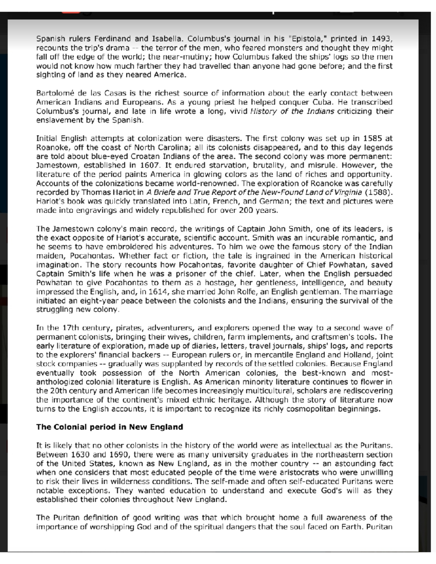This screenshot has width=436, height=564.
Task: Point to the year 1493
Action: tap(381, 39)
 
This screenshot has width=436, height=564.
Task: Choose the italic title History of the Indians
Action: tap(292, 111)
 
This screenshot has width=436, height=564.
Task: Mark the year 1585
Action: tap(373, 138)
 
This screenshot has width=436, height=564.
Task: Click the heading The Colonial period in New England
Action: tap(109, 427)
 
